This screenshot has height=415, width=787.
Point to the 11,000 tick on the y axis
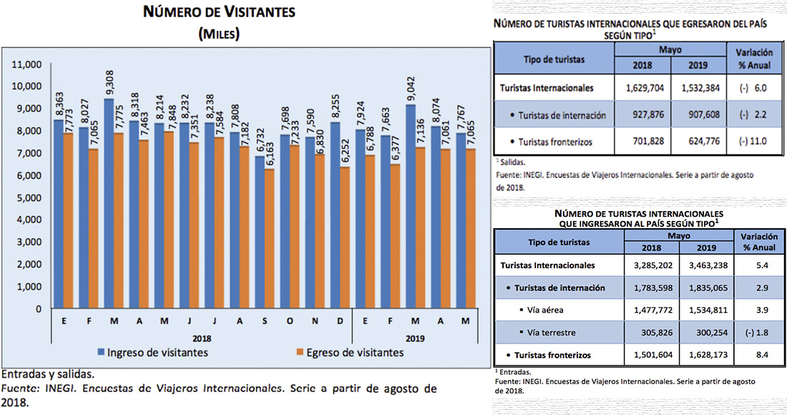28,64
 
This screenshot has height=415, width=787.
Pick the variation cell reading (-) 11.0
750,141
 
